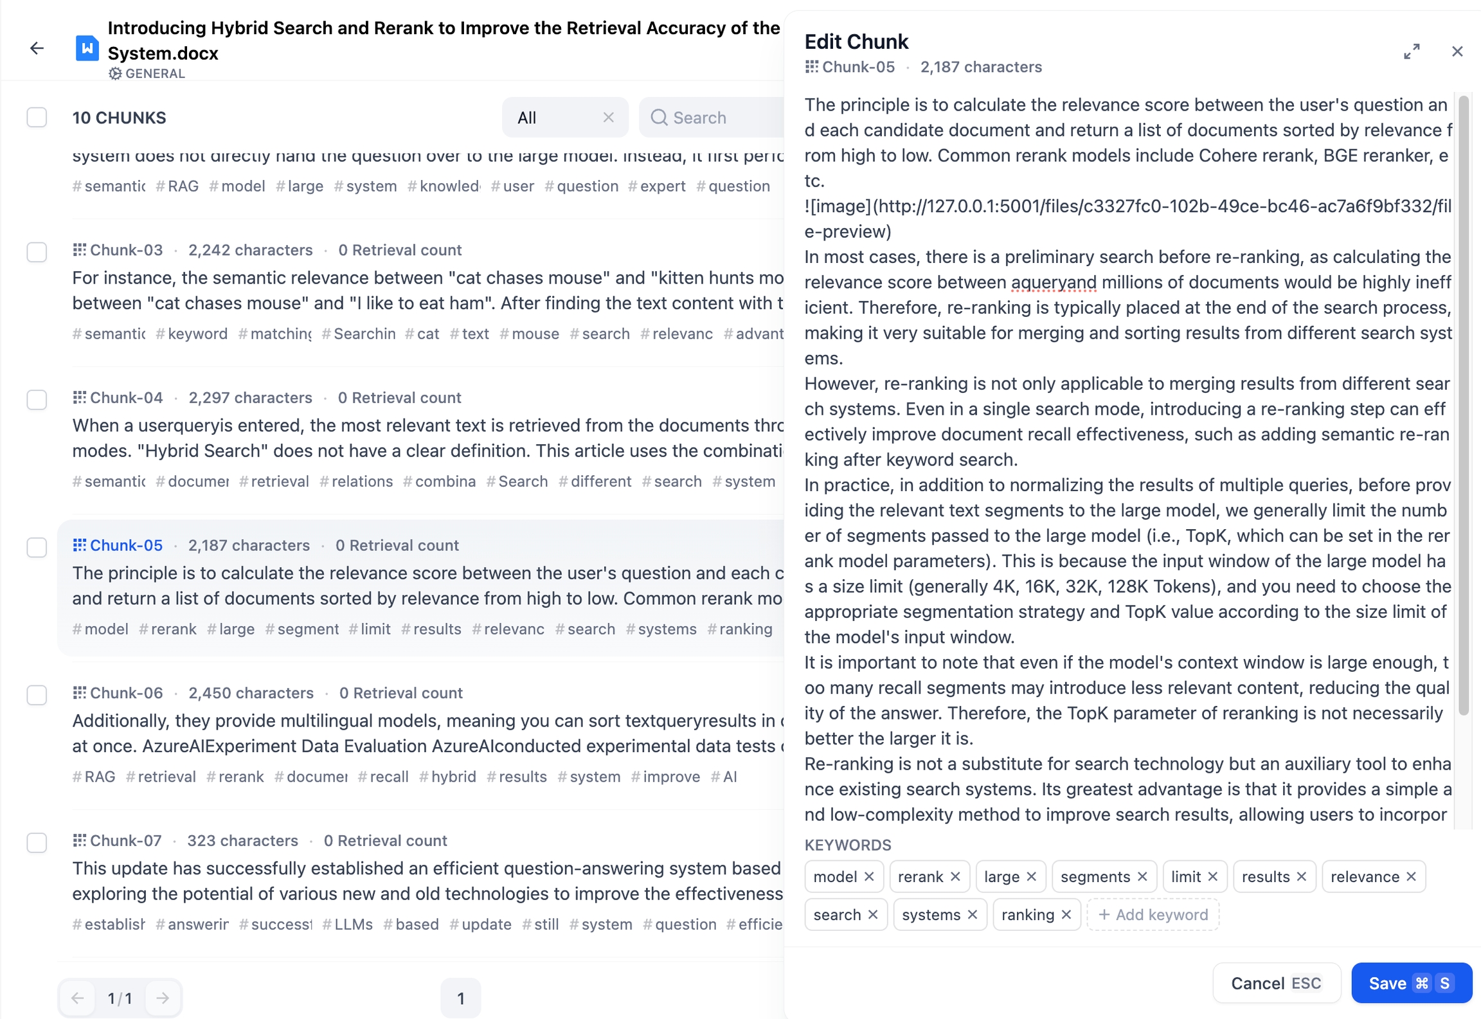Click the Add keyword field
pyautogui.click(x=1153, y=915)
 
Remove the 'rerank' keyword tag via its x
pyautogui.click(x=955, y=877)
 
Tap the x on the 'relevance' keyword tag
pyautogui.click(x=1411, y=877)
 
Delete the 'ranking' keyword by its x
pyautogui.click(x=1066, y=915)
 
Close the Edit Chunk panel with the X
pyautogui.click(x=1457, y=51)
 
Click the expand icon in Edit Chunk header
pyautogui.click(x=1412, y=51)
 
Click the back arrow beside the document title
pyautogui.click(x=37, y=48)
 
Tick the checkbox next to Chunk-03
pyautogui.click(x=37, y=252)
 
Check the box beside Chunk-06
pyautogui.click(x=37, y=695)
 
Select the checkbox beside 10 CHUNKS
pyautogui.click(x=37, y=118)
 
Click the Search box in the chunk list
pyautogui.click(x=714, y=118)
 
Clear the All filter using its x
pyautogui.click(x=608, y=118)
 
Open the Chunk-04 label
pyautogui.click(x=126, y=398)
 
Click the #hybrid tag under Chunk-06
pyautogui.click(x=448, y=777)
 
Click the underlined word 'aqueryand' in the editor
pyautogui.click(x=1054, y=282)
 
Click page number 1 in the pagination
pyautogui.click(x=460, y=998)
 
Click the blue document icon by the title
pyautogui.click(x=87, y=48)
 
